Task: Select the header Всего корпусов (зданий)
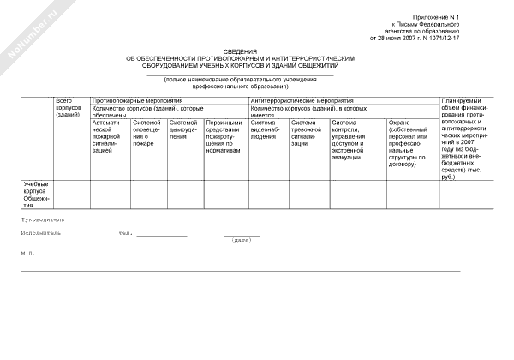click(x=68, y=108)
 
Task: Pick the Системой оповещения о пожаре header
click(x=147, y=133)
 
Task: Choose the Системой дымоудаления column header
click(x=185, y=129)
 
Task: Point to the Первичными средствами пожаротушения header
click(x=226, y=136)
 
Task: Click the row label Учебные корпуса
click(x=36, y=188)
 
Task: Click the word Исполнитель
click(x=39, y=233)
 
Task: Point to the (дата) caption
click(x=242, y=240)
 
